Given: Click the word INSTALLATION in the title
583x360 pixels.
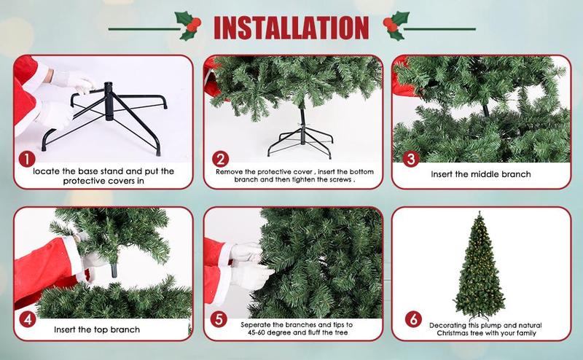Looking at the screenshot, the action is pos(291,28).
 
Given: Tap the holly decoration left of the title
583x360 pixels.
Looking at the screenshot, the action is pos(188,26).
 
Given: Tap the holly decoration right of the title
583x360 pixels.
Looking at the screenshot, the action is pos(396,26).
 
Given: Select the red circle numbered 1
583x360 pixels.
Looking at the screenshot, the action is pos(27,159).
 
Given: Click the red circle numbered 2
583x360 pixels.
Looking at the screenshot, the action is pos(220,159).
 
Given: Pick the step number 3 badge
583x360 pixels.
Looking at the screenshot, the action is pos(410,159).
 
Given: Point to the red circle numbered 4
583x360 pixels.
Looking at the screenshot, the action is pos(27,318).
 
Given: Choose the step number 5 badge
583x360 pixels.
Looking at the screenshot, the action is pos(218,319).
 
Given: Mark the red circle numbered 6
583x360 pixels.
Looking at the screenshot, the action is pos(413,318).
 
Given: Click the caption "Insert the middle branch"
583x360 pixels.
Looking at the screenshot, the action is pos(481,174).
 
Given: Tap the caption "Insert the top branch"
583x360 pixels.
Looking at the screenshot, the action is pos(97,329).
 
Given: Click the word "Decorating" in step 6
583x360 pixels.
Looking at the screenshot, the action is pos(447,326).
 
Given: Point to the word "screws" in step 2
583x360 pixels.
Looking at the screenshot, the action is pos(340,179).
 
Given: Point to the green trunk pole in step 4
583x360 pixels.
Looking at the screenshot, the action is pos(114,270).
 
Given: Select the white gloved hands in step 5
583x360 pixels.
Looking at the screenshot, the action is pos(250,266).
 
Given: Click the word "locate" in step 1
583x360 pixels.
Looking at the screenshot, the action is pos(47,171).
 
